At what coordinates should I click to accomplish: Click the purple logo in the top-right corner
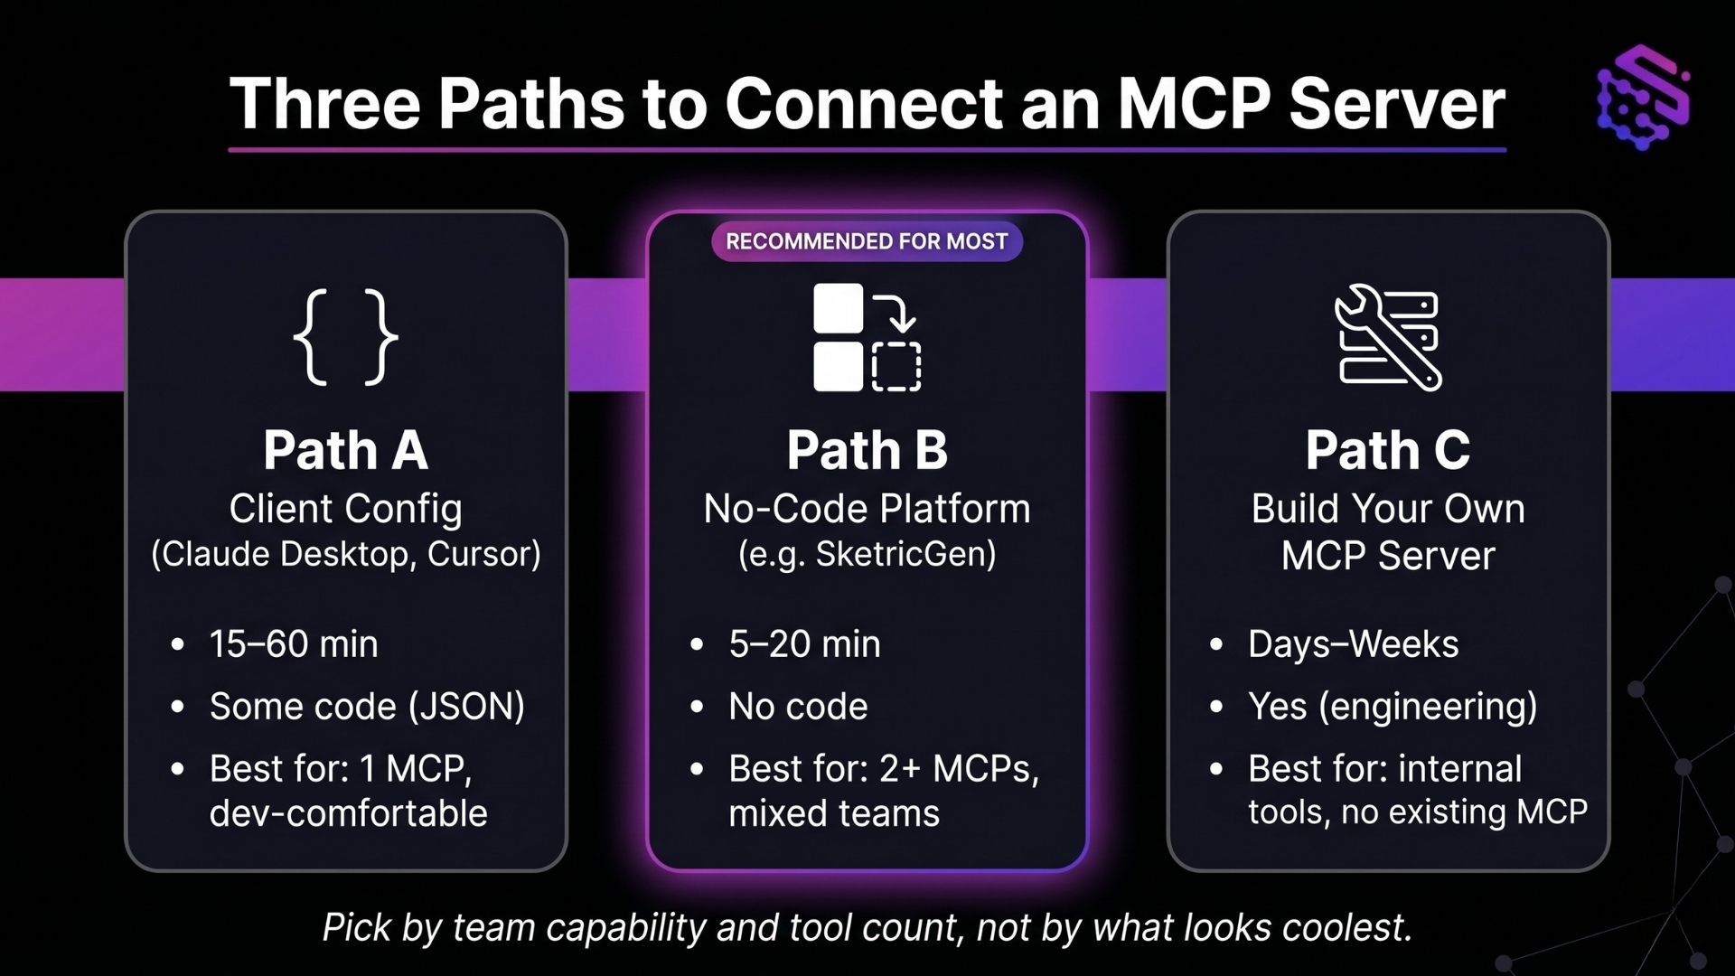1643,97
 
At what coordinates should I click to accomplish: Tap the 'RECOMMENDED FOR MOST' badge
867,241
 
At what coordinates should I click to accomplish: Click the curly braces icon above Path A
346,337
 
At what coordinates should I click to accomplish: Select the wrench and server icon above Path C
1388,337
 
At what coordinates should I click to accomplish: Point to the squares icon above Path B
867,337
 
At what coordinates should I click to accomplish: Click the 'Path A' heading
346,450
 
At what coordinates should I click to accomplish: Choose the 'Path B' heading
867,450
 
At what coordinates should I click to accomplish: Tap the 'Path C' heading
1388,450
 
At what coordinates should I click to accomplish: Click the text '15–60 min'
294,644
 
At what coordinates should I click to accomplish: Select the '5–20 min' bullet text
804,644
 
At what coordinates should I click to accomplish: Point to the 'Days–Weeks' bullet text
1354,644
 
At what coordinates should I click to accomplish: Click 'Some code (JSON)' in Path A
367,707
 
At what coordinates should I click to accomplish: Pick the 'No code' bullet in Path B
798,707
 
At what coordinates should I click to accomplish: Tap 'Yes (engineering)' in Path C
1393,707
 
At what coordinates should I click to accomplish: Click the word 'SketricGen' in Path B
905,554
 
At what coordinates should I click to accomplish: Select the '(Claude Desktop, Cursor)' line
346,554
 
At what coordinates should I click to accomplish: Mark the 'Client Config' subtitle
346,509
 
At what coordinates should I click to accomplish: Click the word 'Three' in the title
325,104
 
